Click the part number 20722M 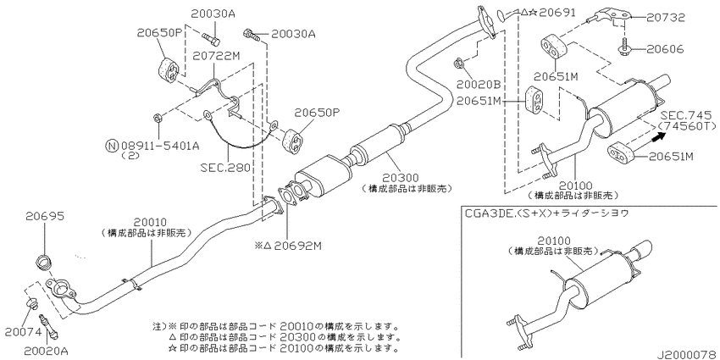[x=216, y=55]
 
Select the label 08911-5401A [x=158, y=146]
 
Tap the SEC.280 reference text [x=225, y=168]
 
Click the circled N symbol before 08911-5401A [x=110, y=146]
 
